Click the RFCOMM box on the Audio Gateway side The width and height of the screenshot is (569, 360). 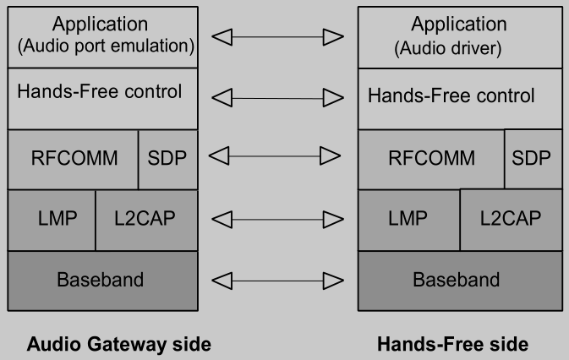click(73, 159)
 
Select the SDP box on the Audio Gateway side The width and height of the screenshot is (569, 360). click(168, 159)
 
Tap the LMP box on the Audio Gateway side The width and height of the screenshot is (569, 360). click(52, 220)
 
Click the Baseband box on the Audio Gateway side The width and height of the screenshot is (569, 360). click(101, 279)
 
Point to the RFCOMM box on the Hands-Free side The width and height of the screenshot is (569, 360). click(431, 159)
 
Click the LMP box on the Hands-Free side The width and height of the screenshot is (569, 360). click(409, 220)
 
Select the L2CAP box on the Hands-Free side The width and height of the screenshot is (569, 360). click(511, 220)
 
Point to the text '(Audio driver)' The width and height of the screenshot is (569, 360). click(448, 49)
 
